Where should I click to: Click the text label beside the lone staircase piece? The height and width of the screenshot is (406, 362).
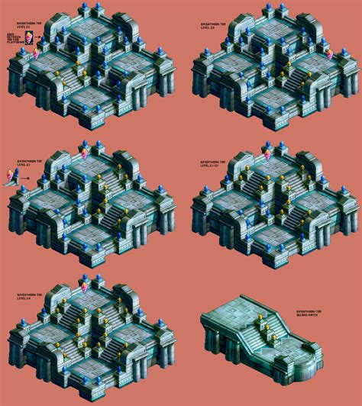pos(307,314)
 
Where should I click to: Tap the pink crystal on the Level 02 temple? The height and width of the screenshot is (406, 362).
pos(329,54)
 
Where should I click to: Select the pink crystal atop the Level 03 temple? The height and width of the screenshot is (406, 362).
pos(83,153)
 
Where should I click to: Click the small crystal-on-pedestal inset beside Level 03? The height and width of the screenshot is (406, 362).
pos(10,176)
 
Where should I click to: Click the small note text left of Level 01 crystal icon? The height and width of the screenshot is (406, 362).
pos(15,42)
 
